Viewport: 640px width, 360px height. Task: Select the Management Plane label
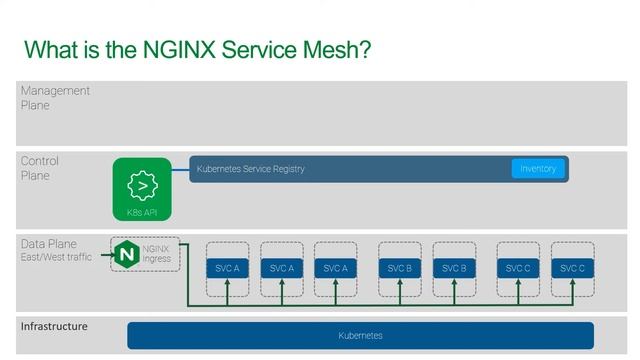tap(55, 97)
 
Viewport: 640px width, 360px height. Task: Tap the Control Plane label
tap(40, 168)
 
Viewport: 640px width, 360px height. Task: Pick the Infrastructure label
tap(54, 327)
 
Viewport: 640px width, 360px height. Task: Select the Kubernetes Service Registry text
tap(250, 169)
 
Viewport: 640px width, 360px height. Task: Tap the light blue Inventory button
tap(538, 169)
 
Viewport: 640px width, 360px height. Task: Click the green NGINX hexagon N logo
tap(126, 254)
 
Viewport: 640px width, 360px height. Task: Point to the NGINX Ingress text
tap(157, 254)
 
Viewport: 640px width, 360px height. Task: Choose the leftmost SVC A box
tap(229, 268)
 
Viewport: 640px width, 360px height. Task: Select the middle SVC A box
tap(283, 268)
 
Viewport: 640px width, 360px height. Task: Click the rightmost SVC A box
tap(337, 268)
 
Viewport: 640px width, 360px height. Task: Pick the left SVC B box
tap(400, 268)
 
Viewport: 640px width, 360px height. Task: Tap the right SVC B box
tap(454, 268)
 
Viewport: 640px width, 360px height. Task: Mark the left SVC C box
tap(518, 268)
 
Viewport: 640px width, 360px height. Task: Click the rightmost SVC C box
tap(572, 268)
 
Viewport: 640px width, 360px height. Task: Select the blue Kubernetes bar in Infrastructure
tap(360, 336)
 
